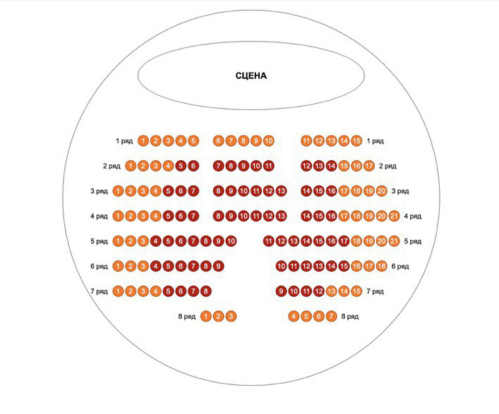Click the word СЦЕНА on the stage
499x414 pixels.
pyautogui.click(x=251, y=75)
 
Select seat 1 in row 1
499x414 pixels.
pyautogui.click(x=143, y=141)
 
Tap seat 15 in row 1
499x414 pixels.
pyautogui.click(x=356, y=141)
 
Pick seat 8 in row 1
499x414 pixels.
pyautogui.click(x=244, y=141)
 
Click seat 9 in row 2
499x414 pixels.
pyautogui.click(x=244, y=166)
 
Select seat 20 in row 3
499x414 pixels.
pyautogui.click(x=382, y=191)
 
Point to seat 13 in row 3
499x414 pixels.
pyautogui.click(x=282, y=191)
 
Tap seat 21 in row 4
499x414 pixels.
pyautogui.click(x=395, y=216)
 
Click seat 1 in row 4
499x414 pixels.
pyautogui.click(x=118, y=216)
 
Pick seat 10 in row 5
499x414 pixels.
pyautogui.click(x=231, y=241)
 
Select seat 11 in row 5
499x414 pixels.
pyautogui.click(x=269, y=241)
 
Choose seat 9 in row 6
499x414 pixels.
pyautogui.click(x=218, y=266)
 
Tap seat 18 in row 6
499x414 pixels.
pyautogui.click(x=382, y=266)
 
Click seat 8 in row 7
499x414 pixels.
pyautogui.click(x=205, y=291)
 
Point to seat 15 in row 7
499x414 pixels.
pyautogui.click(x=356, y=291)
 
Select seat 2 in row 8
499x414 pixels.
pyautogui.click(x=218, y=316)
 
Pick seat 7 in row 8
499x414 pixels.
pyautogui.click(x=332, y=316)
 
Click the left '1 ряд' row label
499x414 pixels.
pyautogui.click(x=124, y=141)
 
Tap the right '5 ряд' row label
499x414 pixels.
pyautogui.click(x=413, y=241)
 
